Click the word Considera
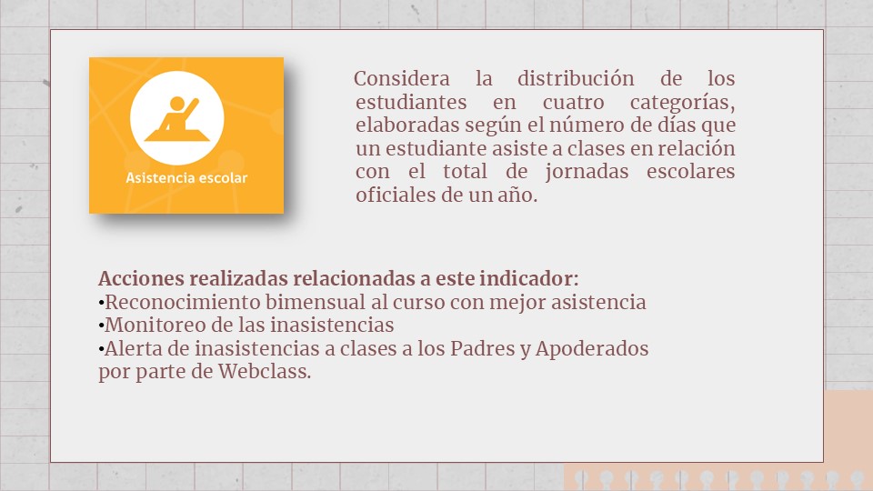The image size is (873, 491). [x=401, y=78]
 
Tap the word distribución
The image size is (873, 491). [x=576, y=78]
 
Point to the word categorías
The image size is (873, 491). [x=683, y=103]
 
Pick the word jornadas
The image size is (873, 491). [x=587, y=172]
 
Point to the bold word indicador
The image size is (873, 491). [x=529, y=278]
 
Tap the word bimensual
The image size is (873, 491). [x=316, y=302]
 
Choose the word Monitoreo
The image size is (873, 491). [x=148, y=326]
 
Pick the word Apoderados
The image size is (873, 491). [x=592, y=349]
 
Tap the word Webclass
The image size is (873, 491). [x=265, y=371]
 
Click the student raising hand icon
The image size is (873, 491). [x=177, y=118]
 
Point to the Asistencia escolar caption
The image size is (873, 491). [x=186, y=178]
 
